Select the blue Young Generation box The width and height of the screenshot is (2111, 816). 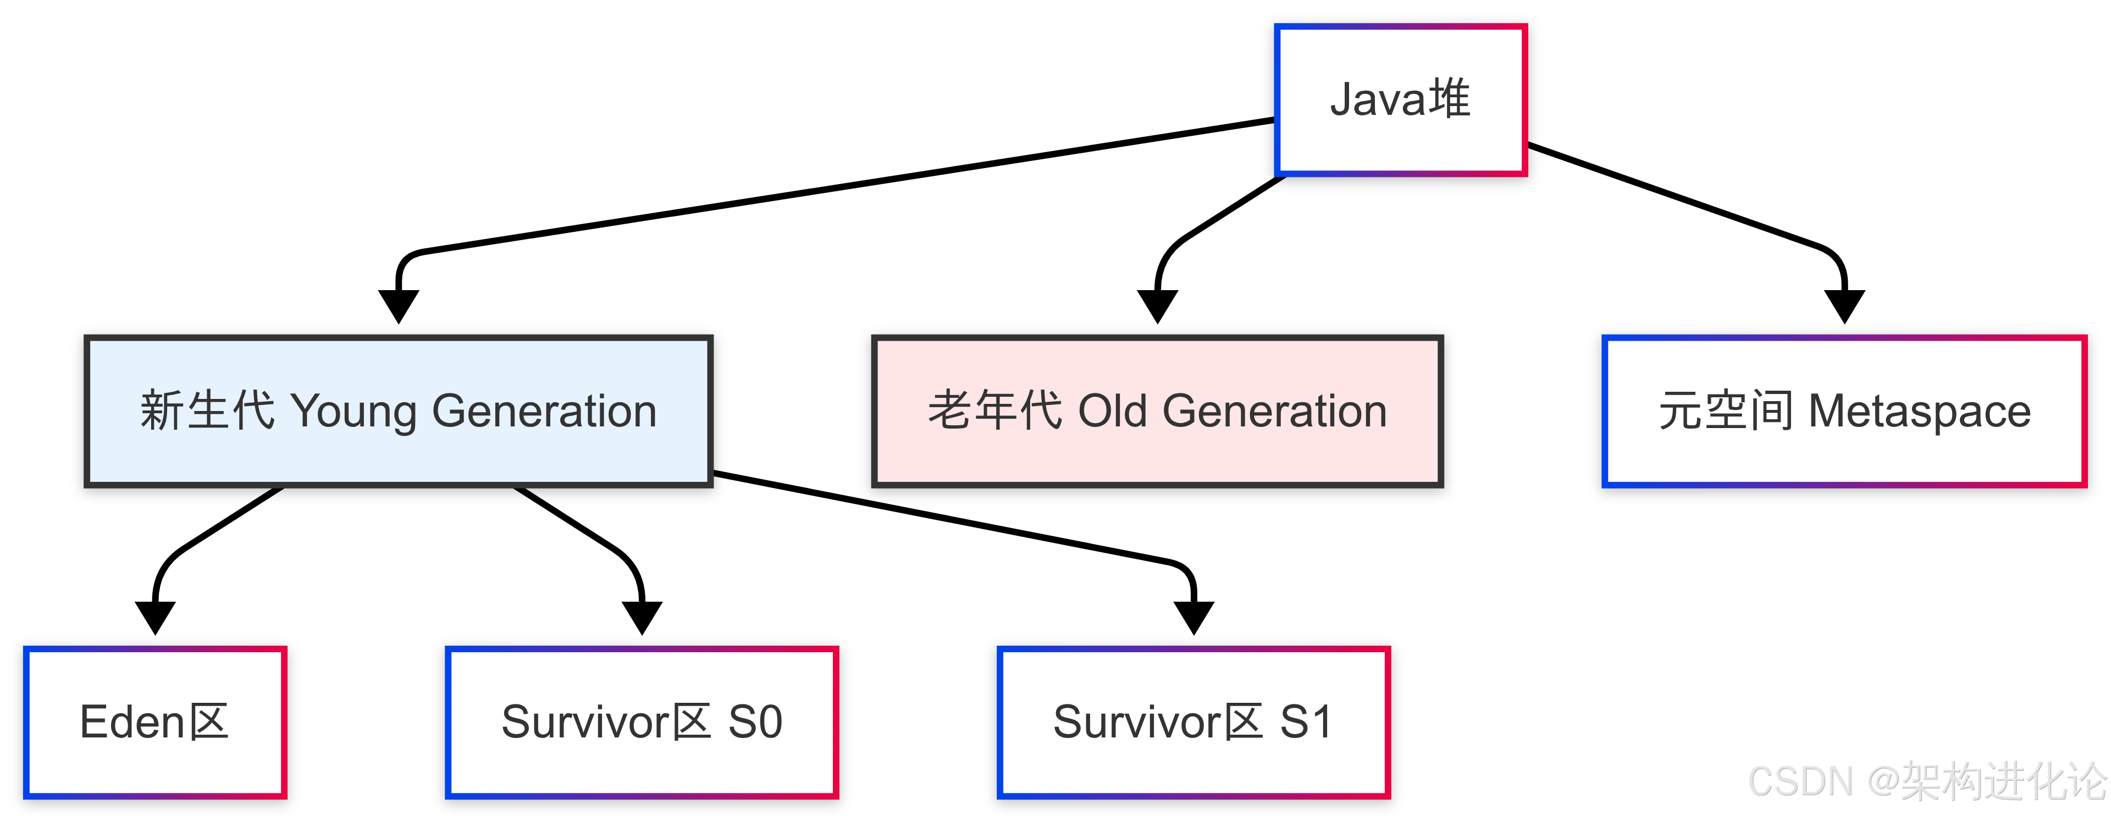(x=398, y=410)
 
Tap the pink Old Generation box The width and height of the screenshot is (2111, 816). (x=1157, y=410)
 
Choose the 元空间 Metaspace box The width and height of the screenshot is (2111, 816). (x=1844, y=410)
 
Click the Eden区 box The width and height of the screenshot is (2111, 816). (x=155, y=722)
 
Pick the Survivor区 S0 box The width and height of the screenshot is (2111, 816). (x=642, y=722)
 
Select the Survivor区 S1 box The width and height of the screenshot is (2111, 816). (x=1193, y=722)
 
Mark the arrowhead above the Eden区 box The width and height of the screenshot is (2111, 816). (x=155, y=618)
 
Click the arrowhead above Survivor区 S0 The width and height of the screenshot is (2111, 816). (x=642, y=618)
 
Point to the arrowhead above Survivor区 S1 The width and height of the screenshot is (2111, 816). (x=1193, y=618)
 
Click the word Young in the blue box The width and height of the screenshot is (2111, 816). (x=354, y=412)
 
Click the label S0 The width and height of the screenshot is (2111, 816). (x=755, y=722)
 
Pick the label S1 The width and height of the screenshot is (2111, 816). (x=1306, y=722)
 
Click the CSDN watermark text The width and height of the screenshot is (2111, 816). (x=1927, y=781)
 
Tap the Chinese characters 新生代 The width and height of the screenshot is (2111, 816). (x=207, y=410)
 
